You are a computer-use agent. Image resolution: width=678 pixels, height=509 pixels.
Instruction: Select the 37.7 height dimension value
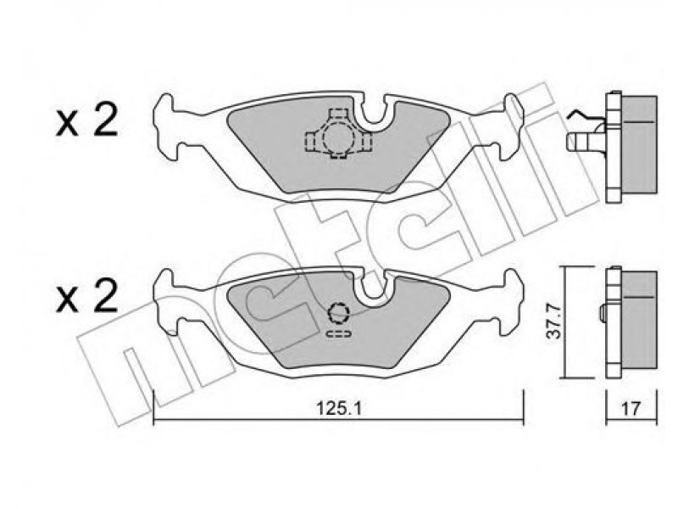[x=555, y=322]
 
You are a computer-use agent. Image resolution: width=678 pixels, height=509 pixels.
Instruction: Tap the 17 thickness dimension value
[x=631, y=408]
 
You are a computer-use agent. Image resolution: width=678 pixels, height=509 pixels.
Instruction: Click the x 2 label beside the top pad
[x=86, y=121]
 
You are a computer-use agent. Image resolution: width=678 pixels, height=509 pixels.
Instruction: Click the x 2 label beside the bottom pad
[x=86, y=296]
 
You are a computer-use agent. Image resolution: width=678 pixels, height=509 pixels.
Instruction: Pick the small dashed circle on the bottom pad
[x=338, y=313]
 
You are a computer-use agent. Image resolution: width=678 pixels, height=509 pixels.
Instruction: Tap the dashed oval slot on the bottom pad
[x=338, y=333]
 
